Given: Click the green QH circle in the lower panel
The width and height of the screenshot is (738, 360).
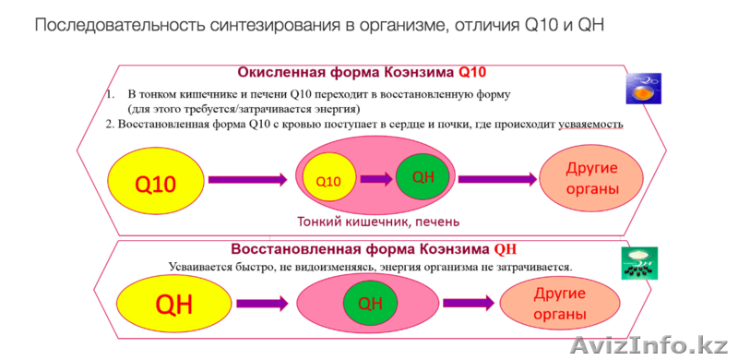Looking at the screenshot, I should tap(369, 303).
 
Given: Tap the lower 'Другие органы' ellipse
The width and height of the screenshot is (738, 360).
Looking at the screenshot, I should tap(546, 304).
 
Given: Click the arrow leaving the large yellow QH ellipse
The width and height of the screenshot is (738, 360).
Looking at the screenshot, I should tap(266, 303).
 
